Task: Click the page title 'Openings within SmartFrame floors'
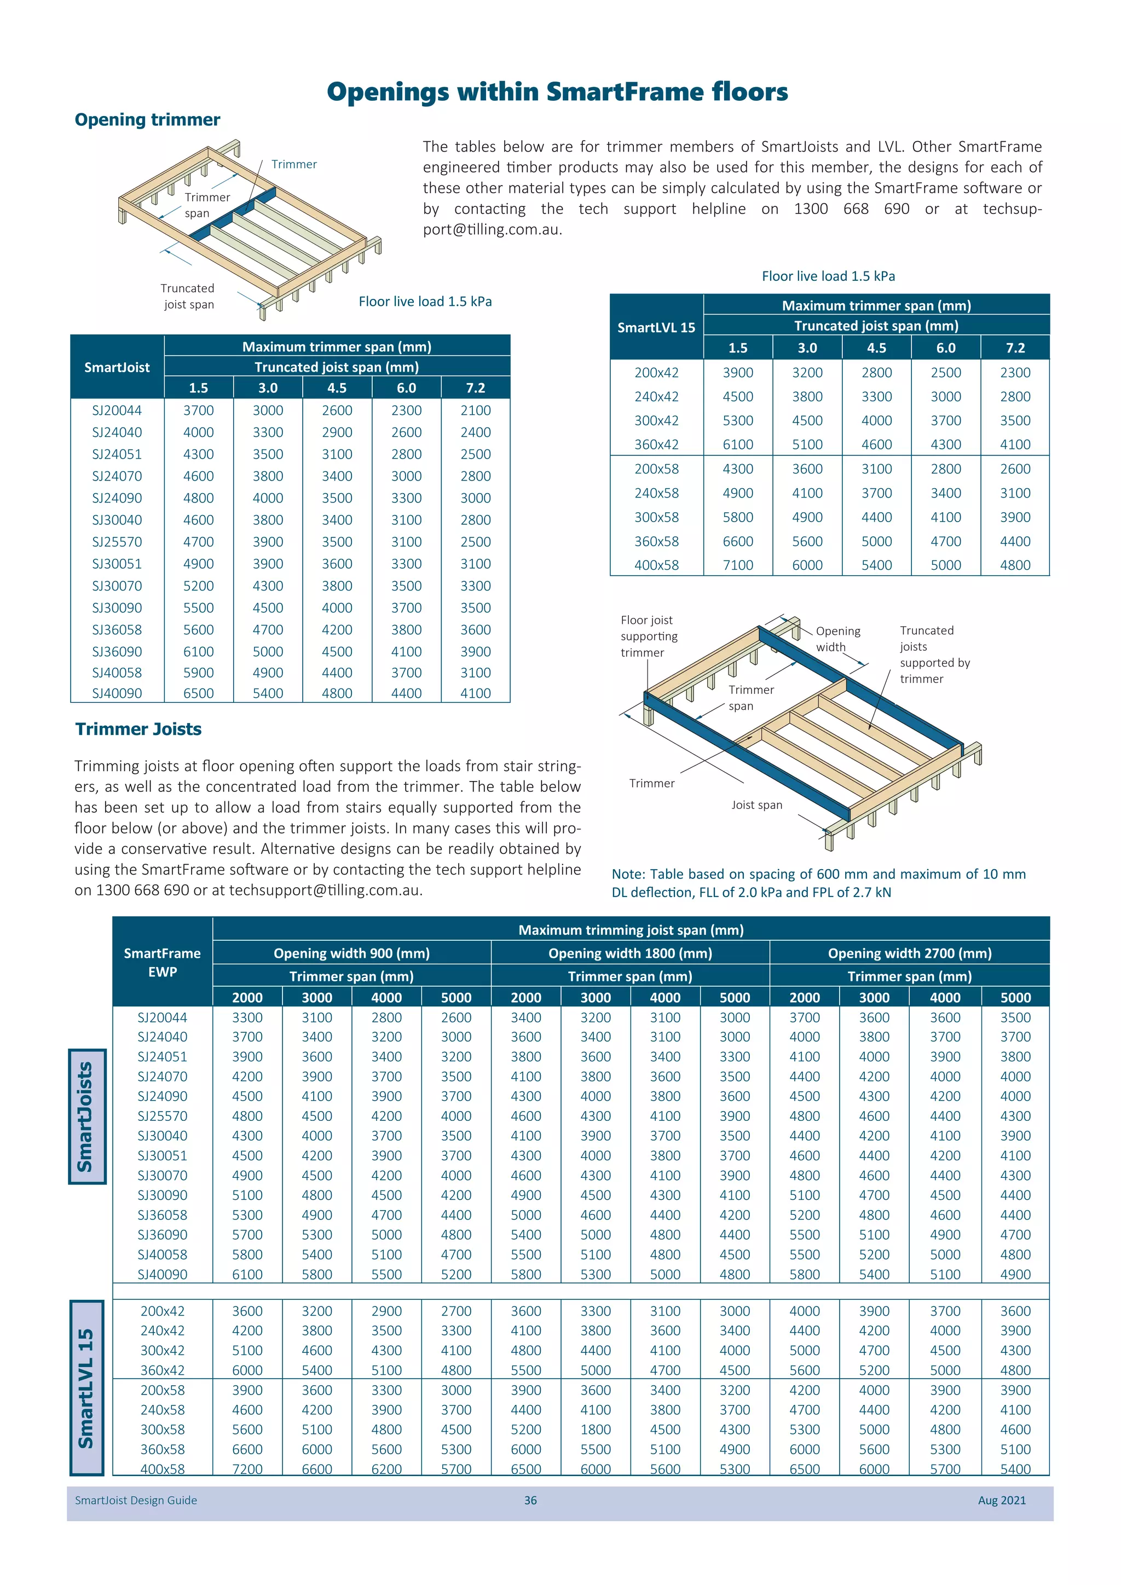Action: click(x=557, y=92)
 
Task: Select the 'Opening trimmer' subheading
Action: click(x=147, y=120)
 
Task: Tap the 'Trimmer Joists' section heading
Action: click(x=138, y=729)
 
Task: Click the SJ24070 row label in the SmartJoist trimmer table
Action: click(x=117, y=476)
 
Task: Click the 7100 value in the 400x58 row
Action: click(x=737, y=565)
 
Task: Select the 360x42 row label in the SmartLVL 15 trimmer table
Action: click(x=656, y=444)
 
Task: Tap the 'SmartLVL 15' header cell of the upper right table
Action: click(x=656, y=327)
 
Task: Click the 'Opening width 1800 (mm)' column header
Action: click(x=629, y=953)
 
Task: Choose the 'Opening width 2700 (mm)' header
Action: click(x=909, y=953)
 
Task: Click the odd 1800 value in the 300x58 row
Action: click(x=595, y=1429)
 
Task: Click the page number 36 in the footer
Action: click(x=530, y=1500)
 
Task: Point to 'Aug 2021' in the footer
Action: click(x=1001, y=1500)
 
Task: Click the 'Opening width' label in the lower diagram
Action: click(x=837, y=639)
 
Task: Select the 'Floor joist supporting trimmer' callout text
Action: click(x=648, y=636)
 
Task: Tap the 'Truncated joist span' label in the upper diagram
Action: click(x=188, y=296)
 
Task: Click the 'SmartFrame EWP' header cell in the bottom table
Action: click(x=162, y=962)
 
